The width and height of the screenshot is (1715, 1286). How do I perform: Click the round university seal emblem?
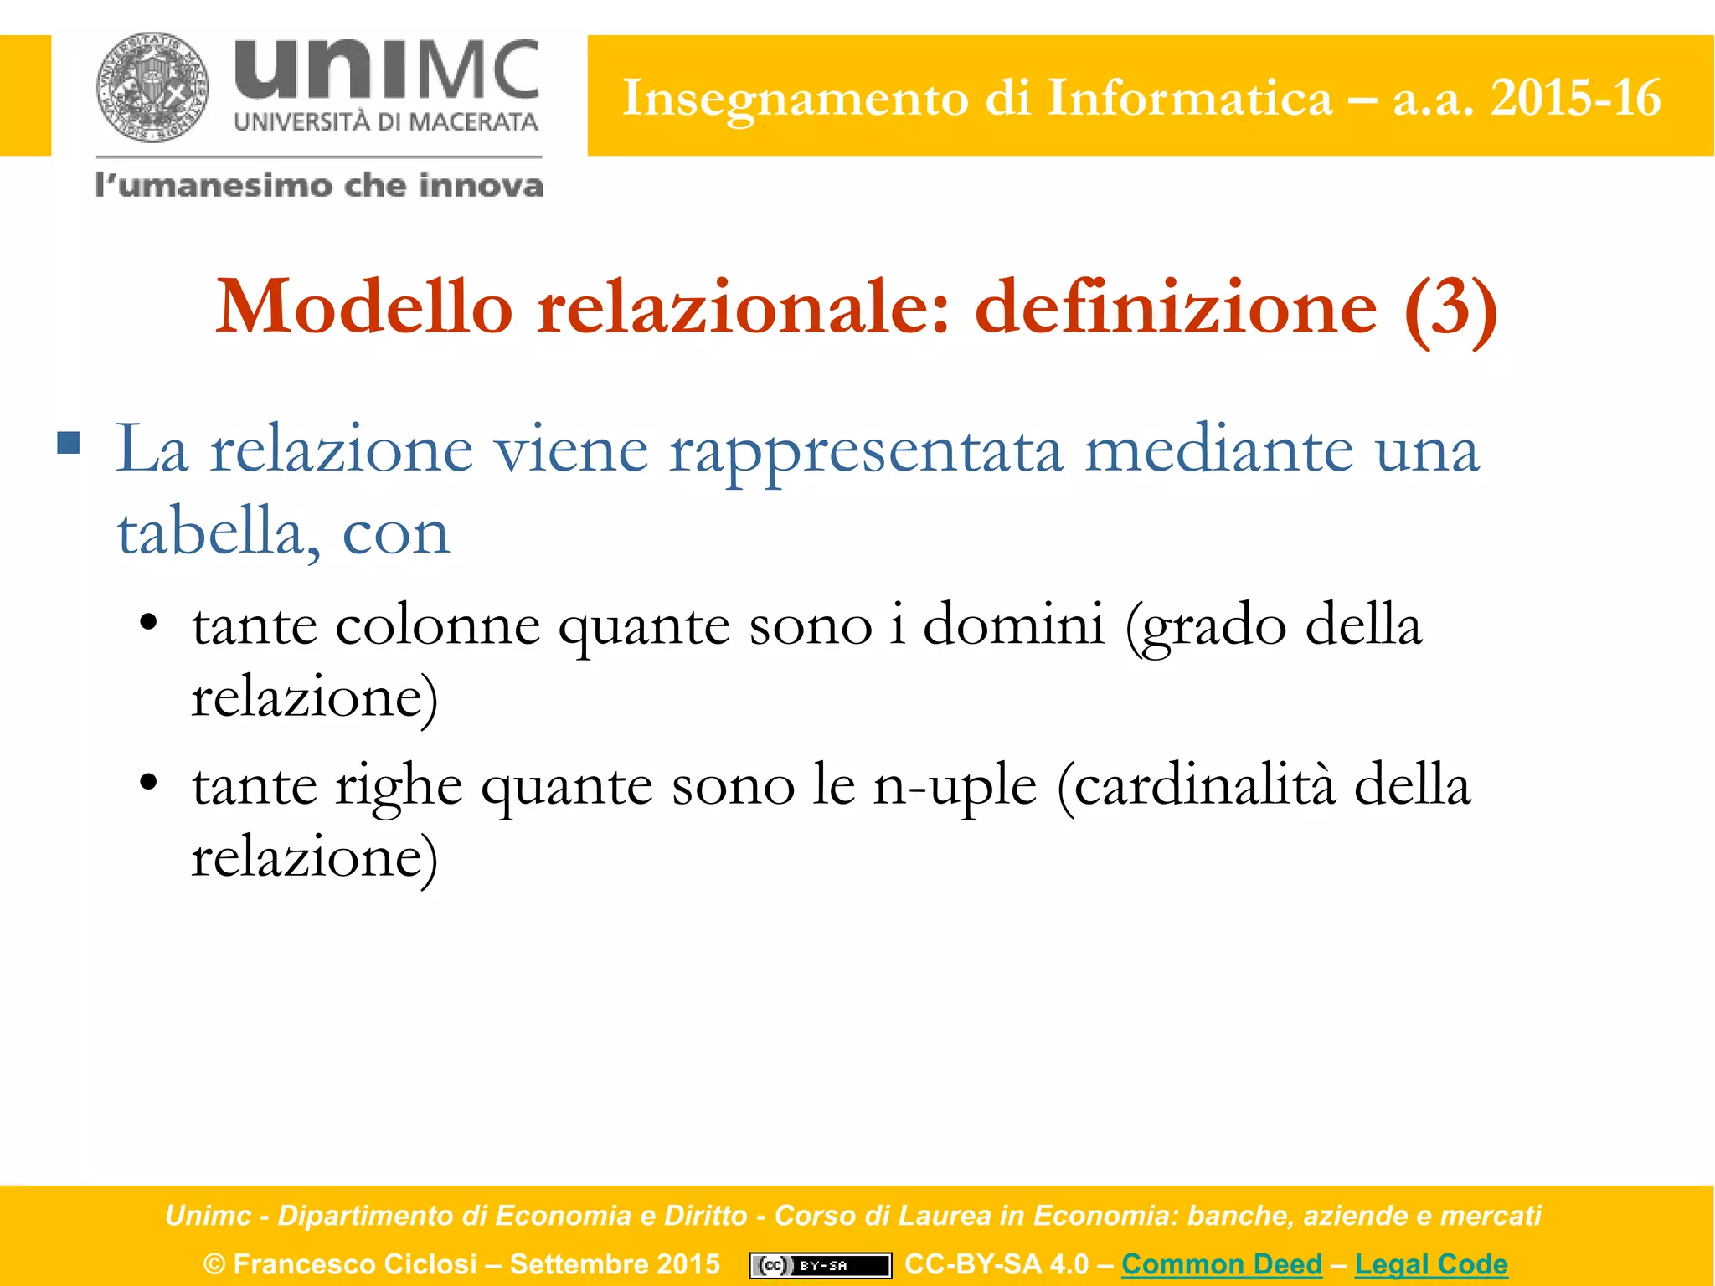point(152,87)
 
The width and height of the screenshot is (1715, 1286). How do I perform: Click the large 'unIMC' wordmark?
point(386,69)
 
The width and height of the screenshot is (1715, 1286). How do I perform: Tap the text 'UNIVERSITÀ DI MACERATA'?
point(385,122)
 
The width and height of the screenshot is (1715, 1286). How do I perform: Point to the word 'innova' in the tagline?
point(481,185)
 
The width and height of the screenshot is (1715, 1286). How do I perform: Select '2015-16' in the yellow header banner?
point(1575,98)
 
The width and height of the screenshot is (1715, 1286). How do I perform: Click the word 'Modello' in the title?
point(364,307)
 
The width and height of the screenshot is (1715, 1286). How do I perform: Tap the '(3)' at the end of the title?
point(1450,307)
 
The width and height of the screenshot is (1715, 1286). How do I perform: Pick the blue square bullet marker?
point(69,442)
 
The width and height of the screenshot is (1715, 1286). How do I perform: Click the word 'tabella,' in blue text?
point(219,532)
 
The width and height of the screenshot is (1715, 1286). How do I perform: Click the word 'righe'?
point(399,786)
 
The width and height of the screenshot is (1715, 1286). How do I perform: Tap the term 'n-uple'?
point(955,786)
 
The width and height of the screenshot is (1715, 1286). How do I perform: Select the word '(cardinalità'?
point(1196,786)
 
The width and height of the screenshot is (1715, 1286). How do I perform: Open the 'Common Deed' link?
point(1222,1263)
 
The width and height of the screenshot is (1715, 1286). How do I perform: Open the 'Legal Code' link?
point(1431,1263)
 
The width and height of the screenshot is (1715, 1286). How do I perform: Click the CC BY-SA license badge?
point(820,1265)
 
